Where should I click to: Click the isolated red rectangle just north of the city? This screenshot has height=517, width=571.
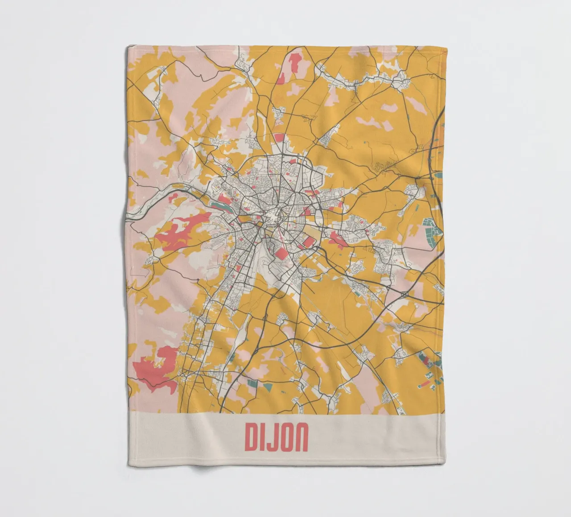click(x=279, y=137)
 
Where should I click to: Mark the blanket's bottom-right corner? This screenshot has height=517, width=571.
click(x=443, y=464)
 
